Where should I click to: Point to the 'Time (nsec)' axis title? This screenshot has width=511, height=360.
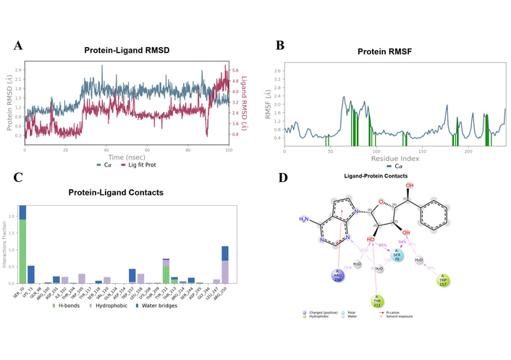pyautogui.click(x=127, y=156)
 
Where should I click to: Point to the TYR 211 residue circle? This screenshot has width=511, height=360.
pyautogui.click(x=376, y=301)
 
